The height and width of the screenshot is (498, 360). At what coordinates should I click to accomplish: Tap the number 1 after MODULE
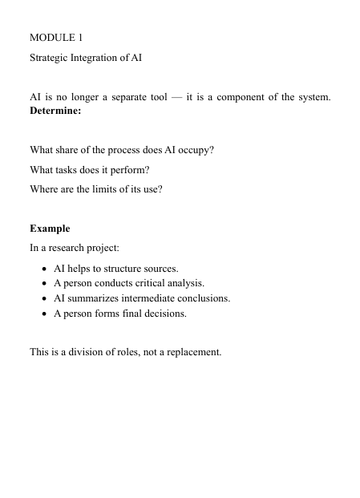[79, 38]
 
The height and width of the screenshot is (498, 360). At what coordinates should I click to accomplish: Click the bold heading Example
[50, 229]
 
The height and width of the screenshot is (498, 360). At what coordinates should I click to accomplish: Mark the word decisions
[165, 314]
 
